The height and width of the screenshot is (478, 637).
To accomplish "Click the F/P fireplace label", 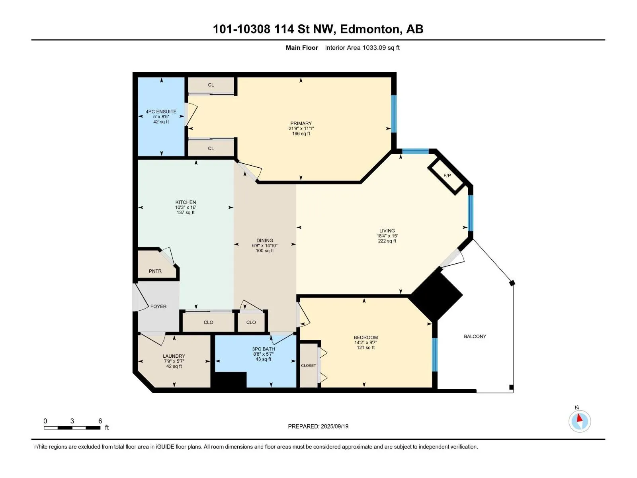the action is [x=447, y=176].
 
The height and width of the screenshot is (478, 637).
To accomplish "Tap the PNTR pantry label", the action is [x=155, y=271].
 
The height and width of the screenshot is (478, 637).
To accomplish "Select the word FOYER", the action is [x=158, y=306].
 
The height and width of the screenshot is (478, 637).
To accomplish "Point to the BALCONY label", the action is [x=475, y=336].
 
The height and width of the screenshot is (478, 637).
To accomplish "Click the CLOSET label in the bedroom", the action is [x=309, y=365].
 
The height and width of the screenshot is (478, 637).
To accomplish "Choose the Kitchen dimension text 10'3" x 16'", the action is [x=186, y=207].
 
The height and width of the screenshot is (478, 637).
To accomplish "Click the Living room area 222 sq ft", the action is [x=387, y=241].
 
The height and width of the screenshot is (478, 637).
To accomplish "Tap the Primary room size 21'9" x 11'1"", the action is [x=301, y=128].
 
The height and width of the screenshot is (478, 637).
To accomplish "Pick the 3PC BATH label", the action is [x=264, y=349].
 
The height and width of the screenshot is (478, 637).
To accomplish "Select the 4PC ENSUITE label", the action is [x=161, y=112].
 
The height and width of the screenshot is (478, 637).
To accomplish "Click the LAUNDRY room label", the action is [x=174, y=356].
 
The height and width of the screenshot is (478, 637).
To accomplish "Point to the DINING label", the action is [x=265, y=240].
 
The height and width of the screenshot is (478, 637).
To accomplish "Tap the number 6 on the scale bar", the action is [x=100, y=421].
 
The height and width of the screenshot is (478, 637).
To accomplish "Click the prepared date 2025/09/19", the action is [x=334, y=426].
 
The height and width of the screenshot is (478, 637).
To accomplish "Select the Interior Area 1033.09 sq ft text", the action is [x=362, y=47].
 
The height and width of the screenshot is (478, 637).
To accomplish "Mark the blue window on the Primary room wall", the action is [x=394, y=114].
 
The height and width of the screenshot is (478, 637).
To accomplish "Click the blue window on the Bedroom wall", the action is [x=434, y=355].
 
